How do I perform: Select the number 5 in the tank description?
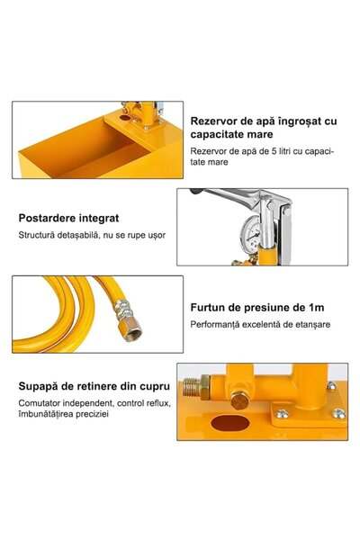[274, 151]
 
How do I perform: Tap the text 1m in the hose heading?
[317, 308]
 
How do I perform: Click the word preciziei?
[92, 414]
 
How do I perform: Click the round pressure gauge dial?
[250, 231]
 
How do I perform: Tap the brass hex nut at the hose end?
[132, 328]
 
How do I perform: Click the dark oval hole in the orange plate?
[230, 423]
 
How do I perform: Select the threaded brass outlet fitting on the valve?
[195, 387]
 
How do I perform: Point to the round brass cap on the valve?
[239, 400]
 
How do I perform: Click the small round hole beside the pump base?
[125, 118]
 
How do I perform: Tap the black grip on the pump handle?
[196, 191]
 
